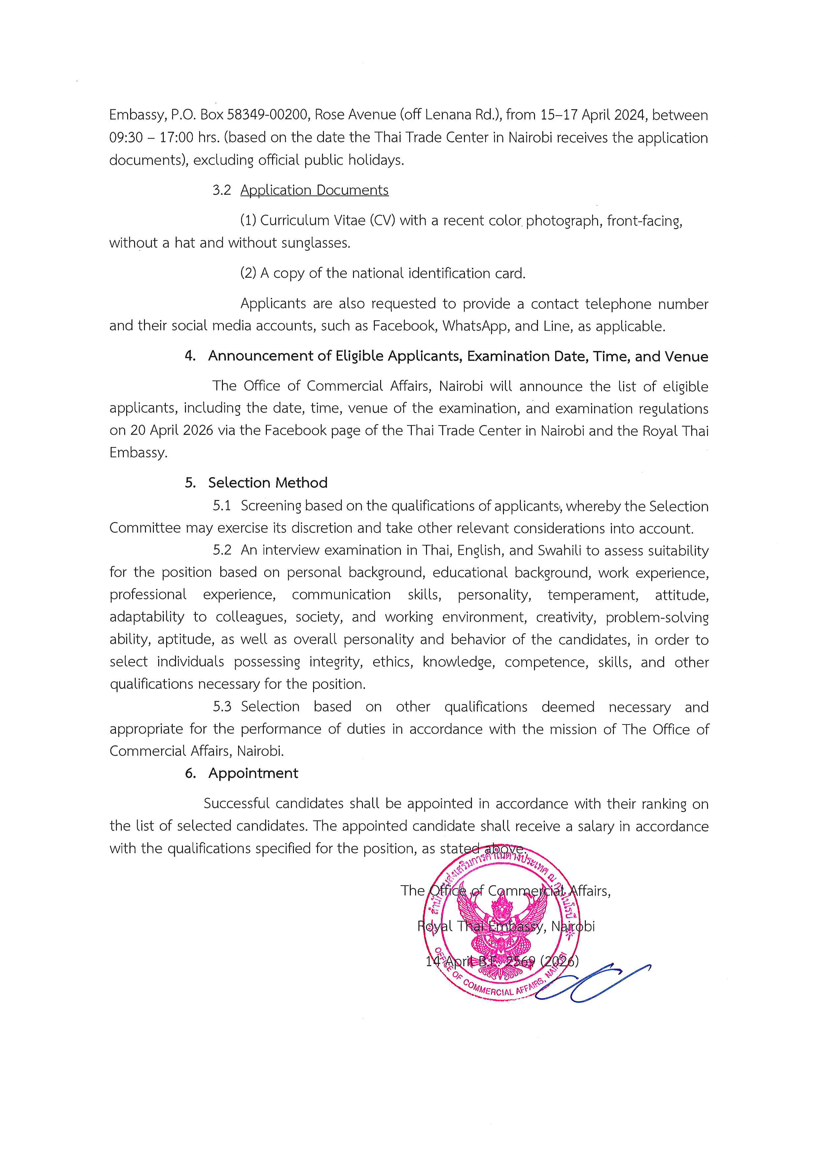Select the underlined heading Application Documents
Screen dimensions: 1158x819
314,190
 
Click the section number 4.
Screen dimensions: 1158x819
190,356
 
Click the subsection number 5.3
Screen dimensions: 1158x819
222,707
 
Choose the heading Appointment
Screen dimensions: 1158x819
253,773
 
